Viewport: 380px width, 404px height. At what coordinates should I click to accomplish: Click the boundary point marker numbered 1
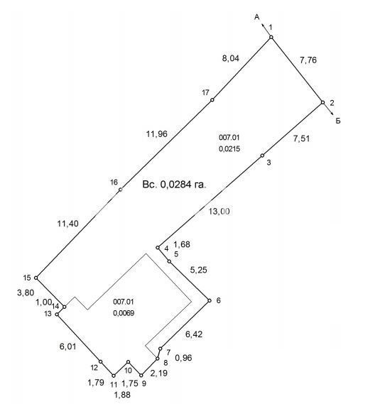tap(271, 38)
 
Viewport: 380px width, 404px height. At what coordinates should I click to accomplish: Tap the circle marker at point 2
tap(322, 102)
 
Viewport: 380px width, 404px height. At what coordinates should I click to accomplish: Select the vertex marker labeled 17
tap(212, 99)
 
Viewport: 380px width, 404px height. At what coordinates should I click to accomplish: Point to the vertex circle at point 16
tap(121, 190)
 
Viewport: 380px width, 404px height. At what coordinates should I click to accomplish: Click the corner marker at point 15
tap(36, 278)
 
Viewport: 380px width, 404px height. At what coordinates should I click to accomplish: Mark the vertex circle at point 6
tap(210, 300)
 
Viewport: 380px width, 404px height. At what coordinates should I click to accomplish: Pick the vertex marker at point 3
tap(262, 155)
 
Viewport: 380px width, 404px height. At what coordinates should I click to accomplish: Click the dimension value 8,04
tap(230, 58)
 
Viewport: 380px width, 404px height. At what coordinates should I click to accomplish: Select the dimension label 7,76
tap(308, 60)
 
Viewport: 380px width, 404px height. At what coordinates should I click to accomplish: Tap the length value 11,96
tap(157, 134)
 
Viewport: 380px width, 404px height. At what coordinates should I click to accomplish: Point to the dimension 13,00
tap(219, 212)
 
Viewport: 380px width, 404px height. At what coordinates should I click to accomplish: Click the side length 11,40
tap(67, 224)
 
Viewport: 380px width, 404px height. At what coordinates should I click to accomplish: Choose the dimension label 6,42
tap(194, 334)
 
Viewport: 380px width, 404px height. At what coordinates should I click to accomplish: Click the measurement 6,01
tap(67, 346)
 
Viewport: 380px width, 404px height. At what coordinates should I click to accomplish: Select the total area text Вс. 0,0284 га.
tap(175, 185)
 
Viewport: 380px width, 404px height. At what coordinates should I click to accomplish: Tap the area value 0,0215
tap(229, 148)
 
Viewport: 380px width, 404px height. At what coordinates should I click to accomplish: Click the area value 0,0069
tap(124, 313)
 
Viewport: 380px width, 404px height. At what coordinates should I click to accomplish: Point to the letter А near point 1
tap(257, 17)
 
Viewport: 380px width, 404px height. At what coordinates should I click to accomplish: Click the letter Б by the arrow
tap(338, 121)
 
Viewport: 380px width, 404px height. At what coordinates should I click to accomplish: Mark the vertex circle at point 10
tap(128, 362)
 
